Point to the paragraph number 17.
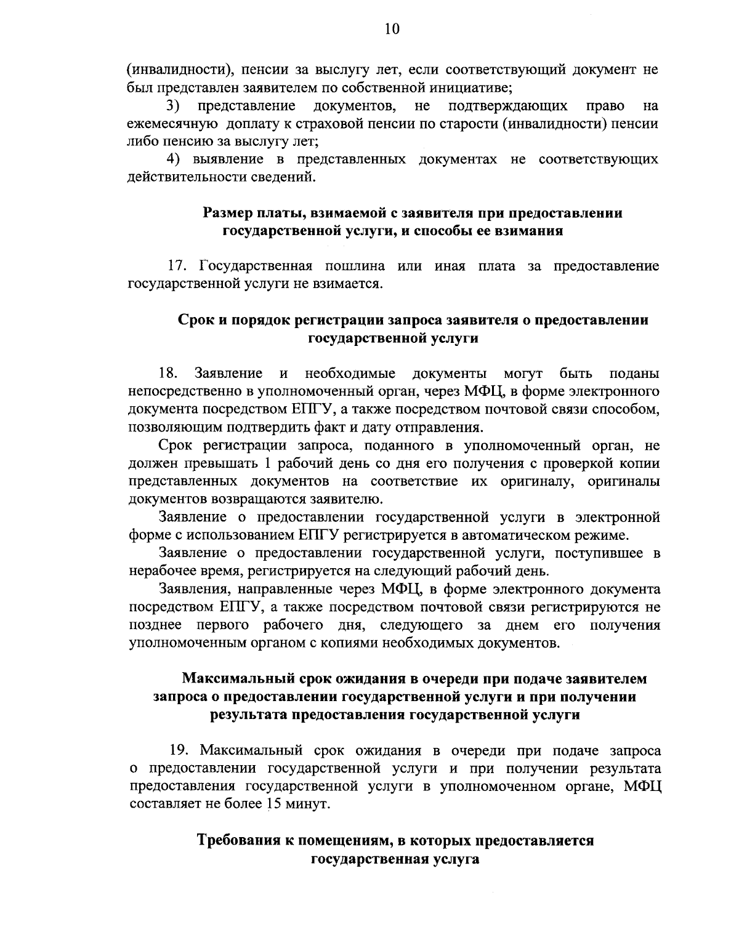click(x=179, y=266)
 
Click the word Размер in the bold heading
click(x=228, y=213)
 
